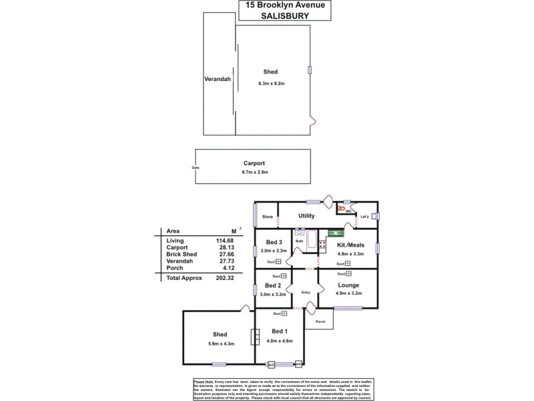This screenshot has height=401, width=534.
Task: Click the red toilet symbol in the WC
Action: pos(342,209)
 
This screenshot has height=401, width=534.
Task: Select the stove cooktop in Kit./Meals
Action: pos(322,245)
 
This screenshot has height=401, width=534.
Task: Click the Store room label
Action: pos(267,217)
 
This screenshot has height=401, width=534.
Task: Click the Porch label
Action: pos(320,321)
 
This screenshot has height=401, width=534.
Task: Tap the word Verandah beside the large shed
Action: pos(217,80)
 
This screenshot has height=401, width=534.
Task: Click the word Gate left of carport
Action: pos(196,167)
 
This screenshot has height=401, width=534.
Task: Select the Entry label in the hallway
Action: pos(306,291)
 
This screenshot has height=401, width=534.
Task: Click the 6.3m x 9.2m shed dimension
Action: pos(272,84)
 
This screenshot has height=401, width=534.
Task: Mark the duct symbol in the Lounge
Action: pos(348,273)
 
